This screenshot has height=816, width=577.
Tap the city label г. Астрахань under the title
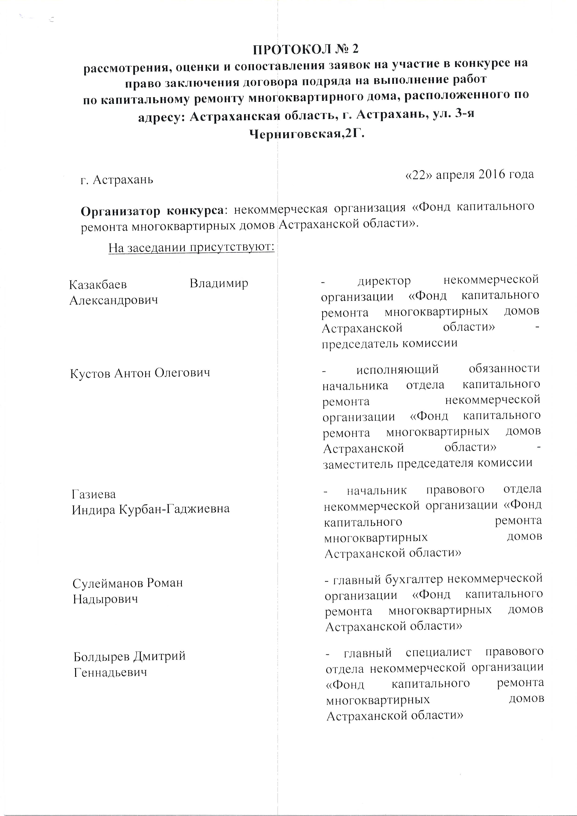point(117,180)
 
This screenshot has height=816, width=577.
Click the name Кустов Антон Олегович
point(140,373)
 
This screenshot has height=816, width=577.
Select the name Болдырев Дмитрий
point(129,656)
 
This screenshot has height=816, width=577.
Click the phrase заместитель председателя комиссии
point(428,463)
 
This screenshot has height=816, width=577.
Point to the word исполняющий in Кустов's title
point(397,369)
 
